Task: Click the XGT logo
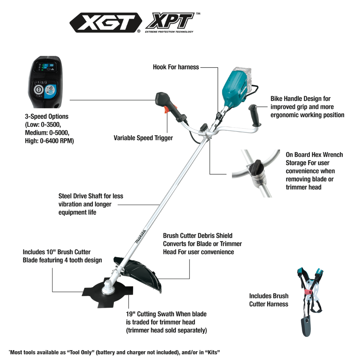[106, 23]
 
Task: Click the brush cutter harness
[309, 302]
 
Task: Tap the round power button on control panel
[39, 90]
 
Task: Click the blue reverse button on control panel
[50, 91]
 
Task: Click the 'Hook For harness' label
[176, 67]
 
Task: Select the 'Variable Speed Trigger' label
[143, 138]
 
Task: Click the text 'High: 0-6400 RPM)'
[49, 141]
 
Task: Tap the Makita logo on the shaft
[141, 237]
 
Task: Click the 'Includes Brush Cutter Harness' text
[269, 300]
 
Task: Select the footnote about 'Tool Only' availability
[114, 352]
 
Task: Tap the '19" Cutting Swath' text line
[166, 314]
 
